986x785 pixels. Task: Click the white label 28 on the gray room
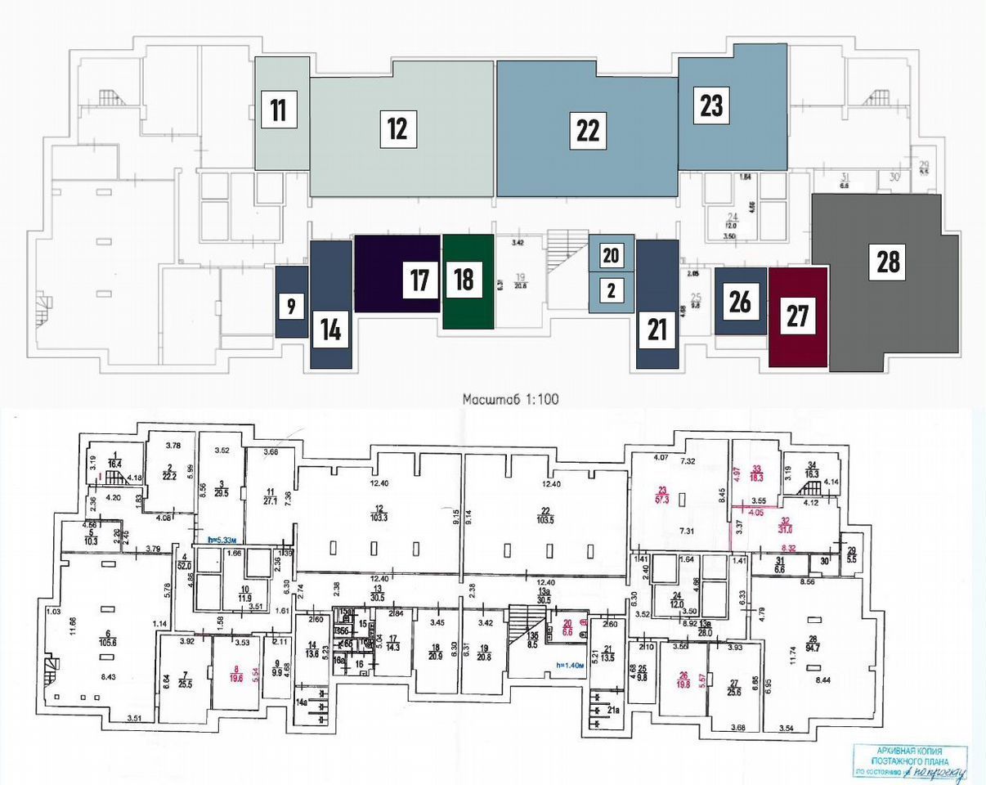pyautogui.click(x=889, y=262)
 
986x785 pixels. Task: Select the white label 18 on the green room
pyautogui.click(x=464, y=279)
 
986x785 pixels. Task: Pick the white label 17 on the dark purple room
pyautogui.click(x=419, y=280)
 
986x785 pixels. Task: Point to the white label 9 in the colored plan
pyautogui.click(x=290, y=307)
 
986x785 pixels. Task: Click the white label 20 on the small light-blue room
pyautogui.click(x=610, y=256)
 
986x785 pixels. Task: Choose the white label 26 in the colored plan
pyautogui.click(x=739, y=302)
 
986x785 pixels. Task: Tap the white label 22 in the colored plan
pyautogui.click(x=588, y=131)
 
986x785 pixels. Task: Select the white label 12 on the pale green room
pyautogui.click(x=398, y=129)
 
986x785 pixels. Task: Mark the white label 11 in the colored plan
pyautogui.click(x=279, y=110)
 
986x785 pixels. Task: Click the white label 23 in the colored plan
pyautogui.click(x=711, y=105)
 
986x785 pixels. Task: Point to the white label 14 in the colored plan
pyautogui.click(x=330, y=330)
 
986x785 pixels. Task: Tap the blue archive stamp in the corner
pyautogui.click(x=909, y=762)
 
